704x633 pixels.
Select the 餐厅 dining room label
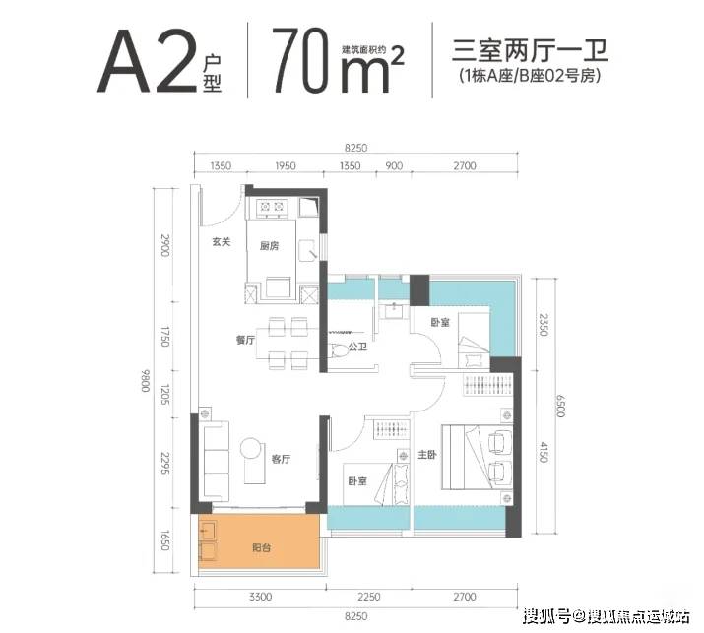click(245, 340)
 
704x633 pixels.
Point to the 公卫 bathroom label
click(357, 348)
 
